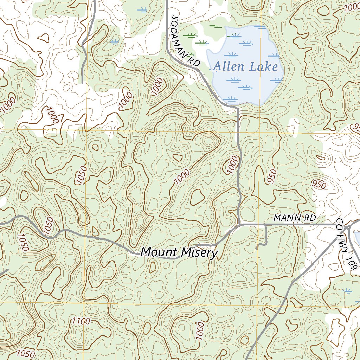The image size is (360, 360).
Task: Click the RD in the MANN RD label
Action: [310, 218]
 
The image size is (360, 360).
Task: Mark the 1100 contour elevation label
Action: [81, 321]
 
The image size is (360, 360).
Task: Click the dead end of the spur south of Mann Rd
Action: [258, 247]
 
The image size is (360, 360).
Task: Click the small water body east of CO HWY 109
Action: [357, 239]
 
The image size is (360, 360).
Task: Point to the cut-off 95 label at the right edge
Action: [355, 127]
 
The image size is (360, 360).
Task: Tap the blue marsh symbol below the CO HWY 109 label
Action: [347, 290]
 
